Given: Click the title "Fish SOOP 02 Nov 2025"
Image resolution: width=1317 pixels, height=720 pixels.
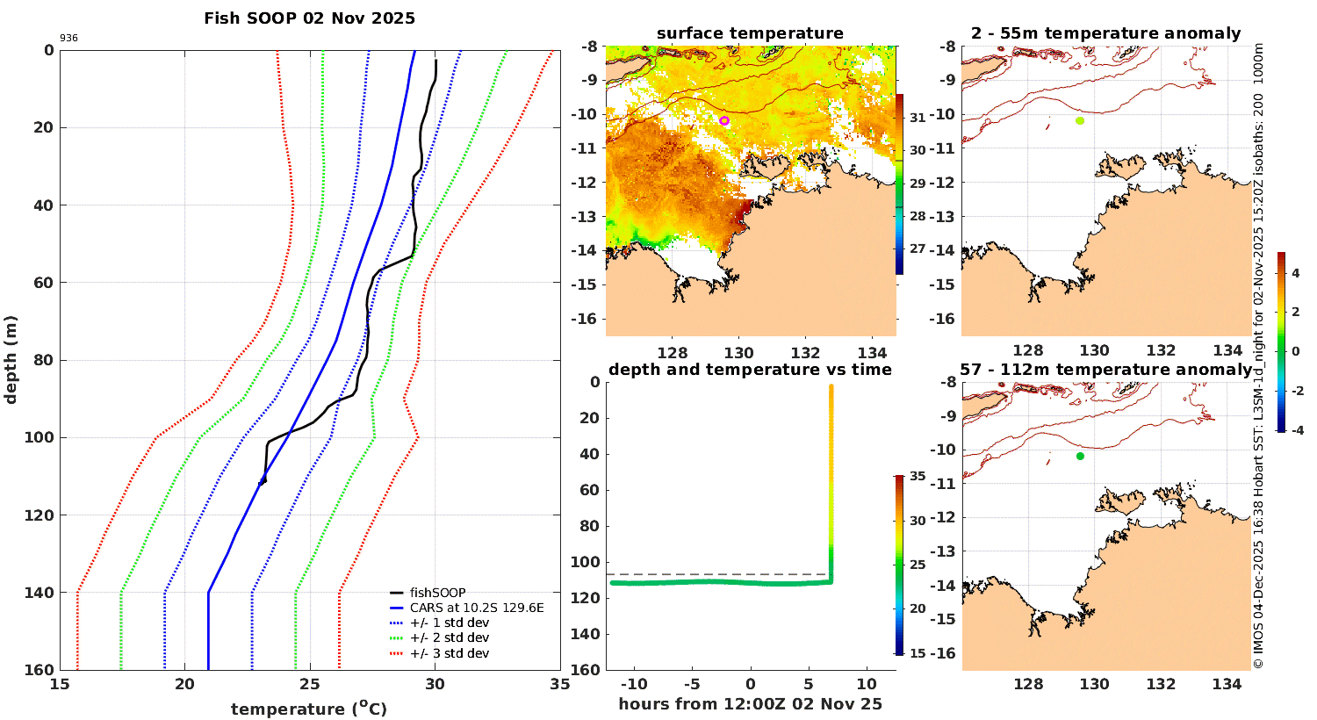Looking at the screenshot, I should pyautogui.click(x=309, y=18).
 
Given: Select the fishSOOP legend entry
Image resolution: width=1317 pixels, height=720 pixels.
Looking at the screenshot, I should pyautogui.click(x=437, y=593).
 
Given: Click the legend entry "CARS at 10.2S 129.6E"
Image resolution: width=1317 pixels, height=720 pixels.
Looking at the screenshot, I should pyautogui.click(x=477, y=608).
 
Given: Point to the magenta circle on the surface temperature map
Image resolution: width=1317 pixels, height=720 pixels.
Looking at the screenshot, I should pyautogui.click(x=724, y=120).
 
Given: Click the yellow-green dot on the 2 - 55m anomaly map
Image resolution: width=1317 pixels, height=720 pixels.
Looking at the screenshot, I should pyautogui.click(x=1080, y=120).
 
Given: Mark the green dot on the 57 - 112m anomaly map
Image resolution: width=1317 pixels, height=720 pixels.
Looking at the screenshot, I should pyautogui.click(x=1080, y=456).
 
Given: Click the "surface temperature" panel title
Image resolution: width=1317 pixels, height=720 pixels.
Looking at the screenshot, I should pyautogui.click(x=750, y=33).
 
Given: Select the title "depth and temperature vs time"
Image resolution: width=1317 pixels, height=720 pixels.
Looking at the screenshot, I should pyautogui.click(x=750, y=370).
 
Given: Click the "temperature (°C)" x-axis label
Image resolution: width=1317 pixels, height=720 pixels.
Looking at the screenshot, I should pyautogui.click(x=309, y=709).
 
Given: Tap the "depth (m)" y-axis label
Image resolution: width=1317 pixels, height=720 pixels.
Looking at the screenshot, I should pyautogui.click(x=11, y=359).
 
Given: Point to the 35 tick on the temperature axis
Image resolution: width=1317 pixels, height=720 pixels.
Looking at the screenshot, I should pyautogui.click(x=560, y=684).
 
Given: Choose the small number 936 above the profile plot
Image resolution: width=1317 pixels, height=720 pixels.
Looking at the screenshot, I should pyautogui.click(x=68, y=39).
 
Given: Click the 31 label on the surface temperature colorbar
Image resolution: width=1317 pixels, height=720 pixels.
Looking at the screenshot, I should pyautogui.click(x=918, y=118).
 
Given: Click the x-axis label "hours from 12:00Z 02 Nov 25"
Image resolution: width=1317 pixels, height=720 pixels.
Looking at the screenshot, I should pyautogui.click(x=750, y=704).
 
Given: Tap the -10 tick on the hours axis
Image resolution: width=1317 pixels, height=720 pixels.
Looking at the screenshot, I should pyautogui.click(x=634, y=684).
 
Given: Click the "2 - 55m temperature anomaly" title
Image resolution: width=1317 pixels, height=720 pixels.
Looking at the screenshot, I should pyautogui.click(x=1106, y=33).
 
